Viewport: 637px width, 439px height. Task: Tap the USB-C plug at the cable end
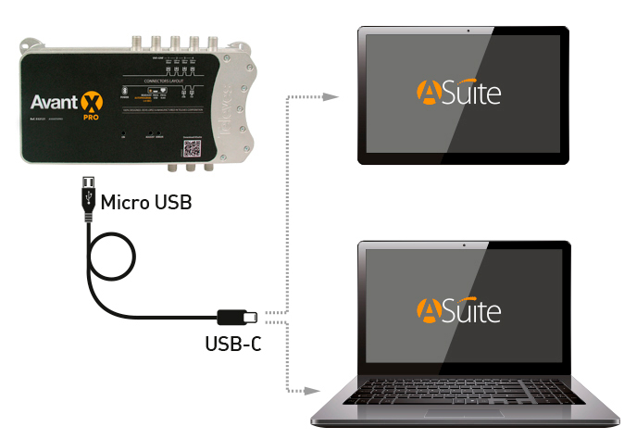[x=237, y=315]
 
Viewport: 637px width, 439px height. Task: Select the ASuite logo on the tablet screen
[x=459, y=94]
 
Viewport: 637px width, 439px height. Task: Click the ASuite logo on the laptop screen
[x=459, y=309]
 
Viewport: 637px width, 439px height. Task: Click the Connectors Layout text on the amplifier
[x=163, y=82]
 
